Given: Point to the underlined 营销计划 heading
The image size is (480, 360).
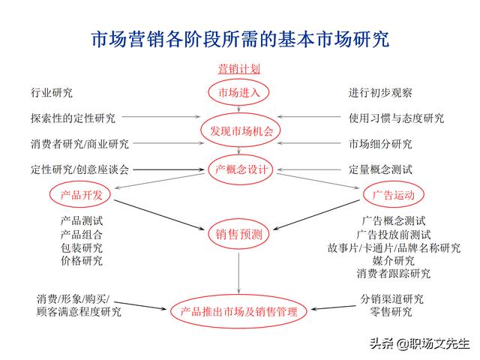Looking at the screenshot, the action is click(238, 68).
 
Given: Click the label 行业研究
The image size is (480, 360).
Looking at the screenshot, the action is click(52, 92).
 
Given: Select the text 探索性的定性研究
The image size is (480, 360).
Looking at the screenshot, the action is click(73, 118).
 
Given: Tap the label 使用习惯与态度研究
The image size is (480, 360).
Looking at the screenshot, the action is click(396, 118).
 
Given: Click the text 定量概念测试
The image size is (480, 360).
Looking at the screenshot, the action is click(380, 169).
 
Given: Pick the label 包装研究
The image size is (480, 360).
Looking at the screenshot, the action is click(82, 247).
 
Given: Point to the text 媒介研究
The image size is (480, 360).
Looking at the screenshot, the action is click(394, 260).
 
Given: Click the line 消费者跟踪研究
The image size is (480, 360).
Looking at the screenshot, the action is click(394, 273).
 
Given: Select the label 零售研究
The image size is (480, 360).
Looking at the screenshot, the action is click(391, 312).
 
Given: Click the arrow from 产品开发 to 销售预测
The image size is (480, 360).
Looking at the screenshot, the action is click(159, 214).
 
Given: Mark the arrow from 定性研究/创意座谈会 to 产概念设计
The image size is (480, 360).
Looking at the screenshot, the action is click(169, 169).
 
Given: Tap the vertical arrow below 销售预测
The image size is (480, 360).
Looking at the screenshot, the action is click(238, 273).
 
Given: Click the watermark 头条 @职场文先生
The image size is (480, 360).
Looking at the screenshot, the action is click(419, 343).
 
